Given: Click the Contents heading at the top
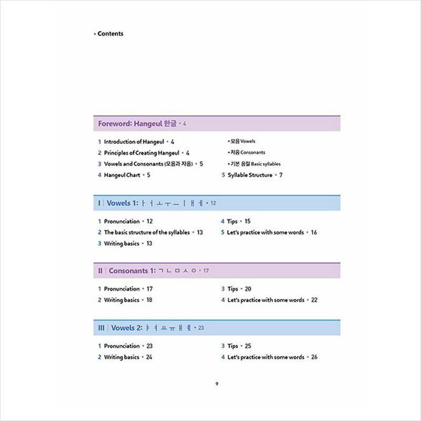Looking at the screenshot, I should [111, 34].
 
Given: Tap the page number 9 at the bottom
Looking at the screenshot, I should [216, 384].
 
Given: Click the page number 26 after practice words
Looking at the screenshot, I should [314, 357].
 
